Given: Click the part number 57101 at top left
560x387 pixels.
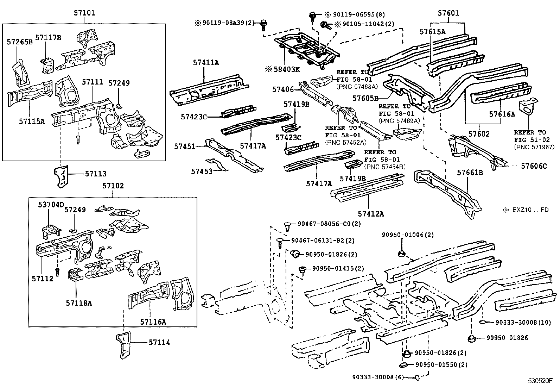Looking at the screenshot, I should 84,14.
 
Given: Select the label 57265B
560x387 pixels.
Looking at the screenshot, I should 20,42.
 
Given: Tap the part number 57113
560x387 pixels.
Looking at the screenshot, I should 95,174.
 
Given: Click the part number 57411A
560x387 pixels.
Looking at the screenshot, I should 206,63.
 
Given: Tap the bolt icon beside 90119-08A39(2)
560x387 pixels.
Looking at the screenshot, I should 263,25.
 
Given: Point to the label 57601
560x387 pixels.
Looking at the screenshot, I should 448,14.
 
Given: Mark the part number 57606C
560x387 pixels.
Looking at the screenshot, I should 534,166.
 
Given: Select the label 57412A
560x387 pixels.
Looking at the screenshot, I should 371,214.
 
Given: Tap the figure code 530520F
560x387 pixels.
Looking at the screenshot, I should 540,381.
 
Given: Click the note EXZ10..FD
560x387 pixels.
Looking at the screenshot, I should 526,210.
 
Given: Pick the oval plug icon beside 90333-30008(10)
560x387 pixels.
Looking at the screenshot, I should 483,322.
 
